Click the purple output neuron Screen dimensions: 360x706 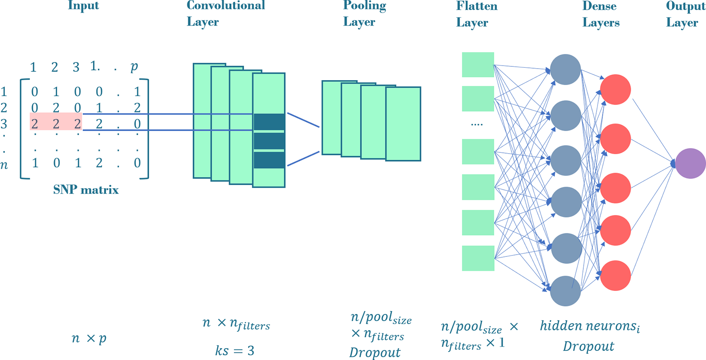pos(690,163)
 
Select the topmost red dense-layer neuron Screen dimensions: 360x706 pos(615,89)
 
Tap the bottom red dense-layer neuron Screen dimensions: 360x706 pos(615,275)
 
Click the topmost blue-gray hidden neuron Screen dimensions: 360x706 pos(565,70)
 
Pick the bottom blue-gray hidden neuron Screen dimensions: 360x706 pos(565,291)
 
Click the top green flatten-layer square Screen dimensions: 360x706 pos(478,65)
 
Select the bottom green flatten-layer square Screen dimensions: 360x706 pos(478,258)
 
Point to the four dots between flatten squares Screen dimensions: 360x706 pos(477,125)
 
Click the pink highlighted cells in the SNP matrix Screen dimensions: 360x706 pos(56,121)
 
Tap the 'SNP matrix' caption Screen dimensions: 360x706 pos(86,190)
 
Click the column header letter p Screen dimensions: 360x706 pos(134,67)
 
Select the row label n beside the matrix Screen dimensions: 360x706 pos(4,165)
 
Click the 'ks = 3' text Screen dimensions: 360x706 pos(235,351)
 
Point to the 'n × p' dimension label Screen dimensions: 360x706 pos(89,339)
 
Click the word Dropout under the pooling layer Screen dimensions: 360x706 pos(375,352)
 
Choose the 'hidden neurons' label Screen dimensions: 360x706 pos(590,326)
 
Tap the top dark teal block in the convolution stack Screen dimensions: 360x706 pos(269,122)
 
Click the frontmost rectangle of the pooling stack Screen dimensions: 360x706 pos(403,124)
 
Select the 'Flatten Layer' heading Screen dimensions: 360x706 pos(476,14)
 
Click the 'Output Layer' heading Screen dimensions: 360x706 pos(685,14)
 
